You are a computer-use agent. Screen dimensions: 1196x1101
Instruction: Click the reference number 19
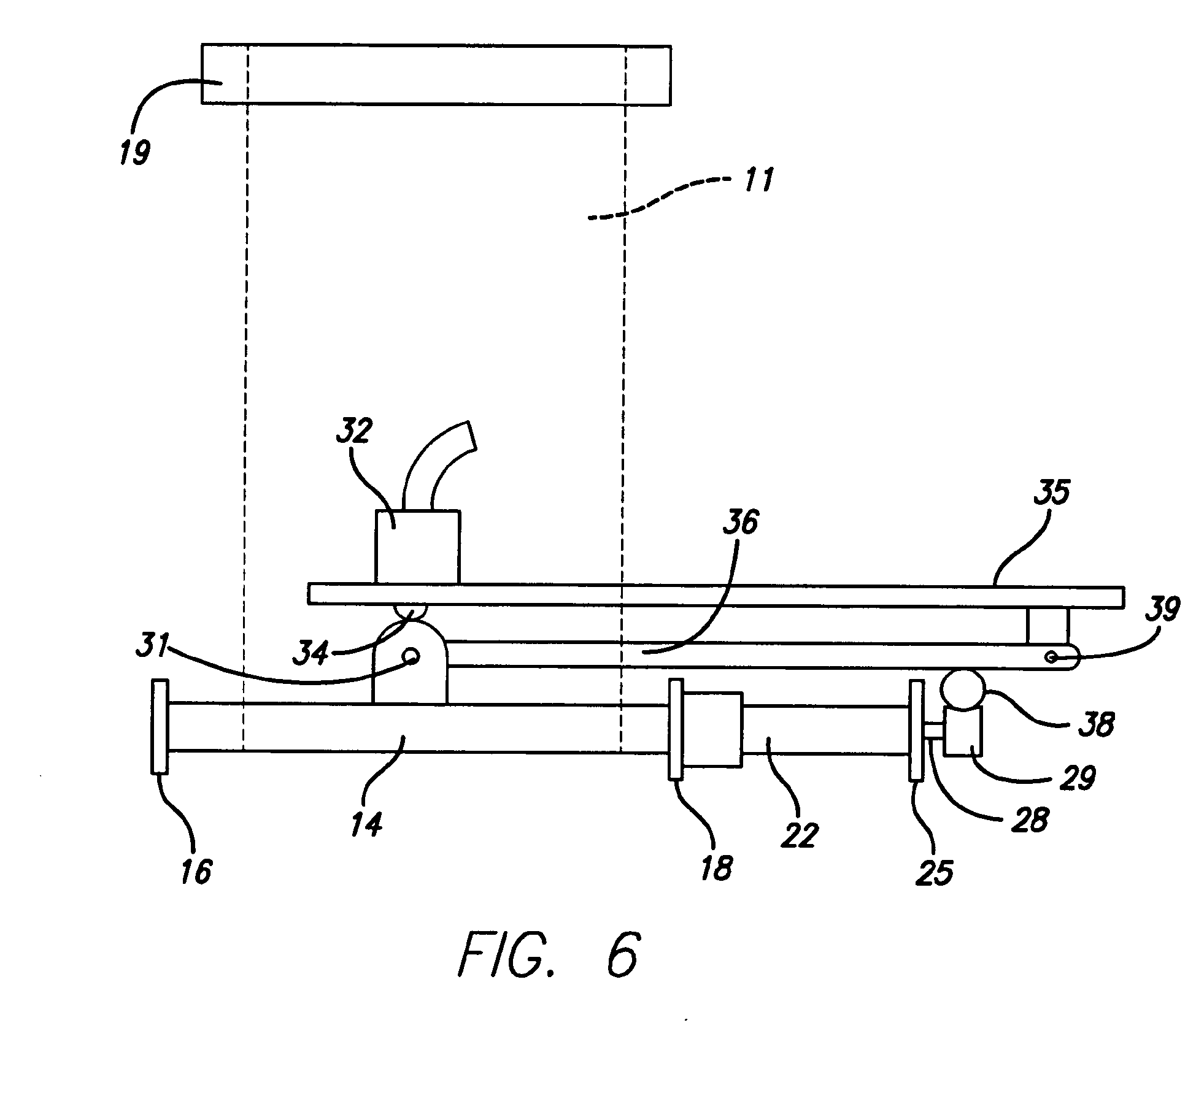point(134,151)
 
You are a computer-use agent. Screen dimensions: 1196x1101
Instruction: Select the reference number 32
point(354,431)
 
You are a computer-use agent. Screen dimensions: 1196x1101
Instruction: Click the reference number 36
point(740,523)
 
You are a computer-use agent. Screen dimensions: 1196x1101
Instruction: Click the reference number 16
point(196,871)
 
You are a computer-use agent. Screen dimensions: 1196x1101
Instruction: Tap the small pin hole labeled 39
point(1052,658)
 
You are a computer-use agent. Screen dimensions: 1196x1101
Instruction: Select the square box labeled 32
point(417,547)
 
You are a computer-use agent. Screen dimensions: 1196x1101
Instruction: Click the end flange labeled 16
point(159,726)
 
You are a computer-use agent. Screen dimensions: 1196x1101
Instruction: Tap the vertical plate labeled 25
point(916,730)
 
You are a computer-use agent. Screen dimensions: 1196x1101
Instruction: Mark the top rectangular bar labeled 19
point(436,74)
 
